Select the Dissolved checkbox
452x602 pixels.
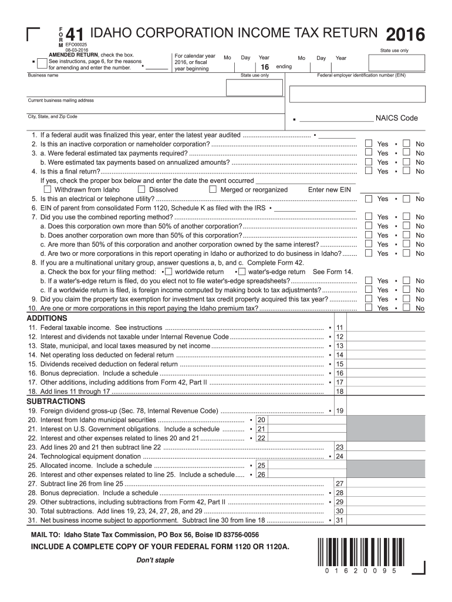pyautogui.click(x=141, y=190)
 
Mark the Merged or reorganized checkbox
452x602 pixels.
pyautogui.click(x=212, y=190)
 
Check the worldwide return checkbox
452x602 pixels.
pyautogui.click(x=168, y=272)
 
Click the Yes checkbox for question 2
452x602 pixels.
pyautogui.click(x=368, y=144)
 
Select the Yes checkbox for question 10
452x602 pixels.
pyautogui.click(x=368, y=308)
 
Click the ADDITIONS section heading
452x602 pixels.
pyautogui.click(x=48, y=318)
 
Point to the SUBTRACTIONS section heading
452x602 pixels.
pyautogui.click(x=56, y=402)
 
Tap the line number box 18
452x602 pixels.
pyautogui.click(x=339, y=392)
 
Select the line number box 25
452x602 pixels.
pyautogui.click(x=261, y=466)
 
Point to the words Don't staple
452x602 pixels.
pyautogui.click(x=155, y=560)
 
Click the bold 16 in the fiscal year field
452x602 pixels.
pyautogui.click(x=265, y=68)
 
